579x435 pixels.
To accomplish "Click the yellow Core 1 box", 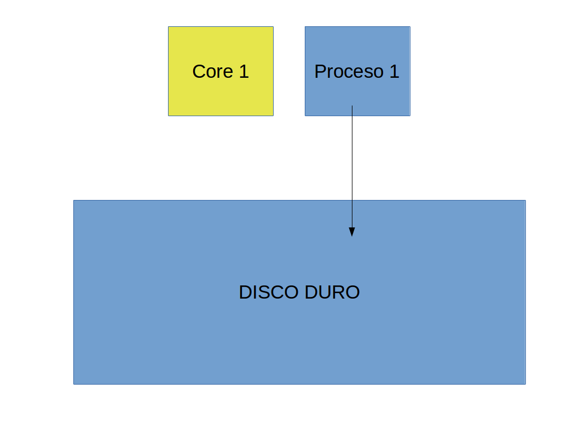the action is point(221,71).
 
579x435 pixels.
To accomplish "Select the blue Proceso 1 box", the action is point(357,71).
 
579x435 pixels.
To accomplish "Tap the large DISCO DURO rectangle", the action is point(299,293).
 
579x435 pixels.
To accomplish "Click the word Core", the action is point(213,71).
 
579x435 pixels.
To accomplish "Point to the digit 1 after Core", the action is point(244,71).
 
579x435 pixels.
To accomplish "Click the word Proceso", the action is point(349,71).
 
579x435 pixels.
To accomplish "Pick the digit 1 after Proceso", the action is point(395,71).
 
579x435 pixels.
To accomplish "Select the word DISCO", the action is point(269,293).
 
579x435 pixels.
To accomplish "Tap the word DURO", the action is point(332,293).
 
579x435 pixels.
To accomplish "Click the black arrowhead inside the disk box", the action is point(352,232).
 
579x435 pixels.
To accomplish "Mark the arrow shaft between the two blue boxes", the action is point(352,158).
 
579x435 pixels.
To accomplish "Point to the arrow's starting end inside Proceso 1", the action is point(352,106).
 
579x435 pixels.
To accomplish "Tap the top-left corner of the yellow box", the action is point(169,27).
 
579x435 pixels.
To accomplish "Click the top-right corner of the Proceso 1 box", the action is point(410,27).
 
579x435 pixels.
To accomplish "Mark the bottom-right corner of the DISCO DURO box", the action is point(526,385).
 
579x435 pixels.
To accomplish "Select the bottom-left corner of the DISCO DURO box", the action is point(73,385).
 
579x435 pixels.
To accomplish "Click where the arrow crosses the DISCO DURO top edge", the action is point(352,201).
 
